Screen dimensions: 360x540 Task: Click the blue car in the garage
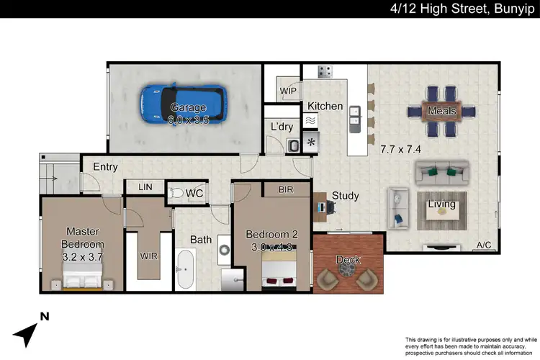(x=183, y=104)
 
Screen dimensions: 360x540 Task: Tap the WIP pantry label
(x=289, y=91)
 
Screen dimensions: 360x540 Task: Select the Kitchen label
(x=325, y=106)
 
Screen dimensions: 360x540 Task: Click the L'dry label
(x=281, y=127)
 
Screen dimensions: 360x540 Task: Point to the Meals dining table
(x=441, y=111)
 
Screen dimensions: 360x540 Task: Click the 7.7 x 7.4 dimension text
(x=400, y=150)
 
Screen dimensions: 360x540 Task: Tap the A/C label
(x=485, y=246)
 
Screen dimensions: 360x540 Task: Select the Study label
(x=345, y=196)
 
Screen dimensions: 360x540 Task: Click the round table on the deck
(x=348, y=270)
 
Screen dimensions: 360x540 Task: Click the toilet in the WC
(x=176, y=193)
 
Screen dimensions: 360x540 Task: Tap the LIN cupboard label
(x=145, y=187)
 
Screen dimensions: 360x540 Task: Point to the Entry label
(x=105, y=167)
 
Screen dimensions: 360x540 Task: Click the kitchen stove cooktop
(x=325, y=71)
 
